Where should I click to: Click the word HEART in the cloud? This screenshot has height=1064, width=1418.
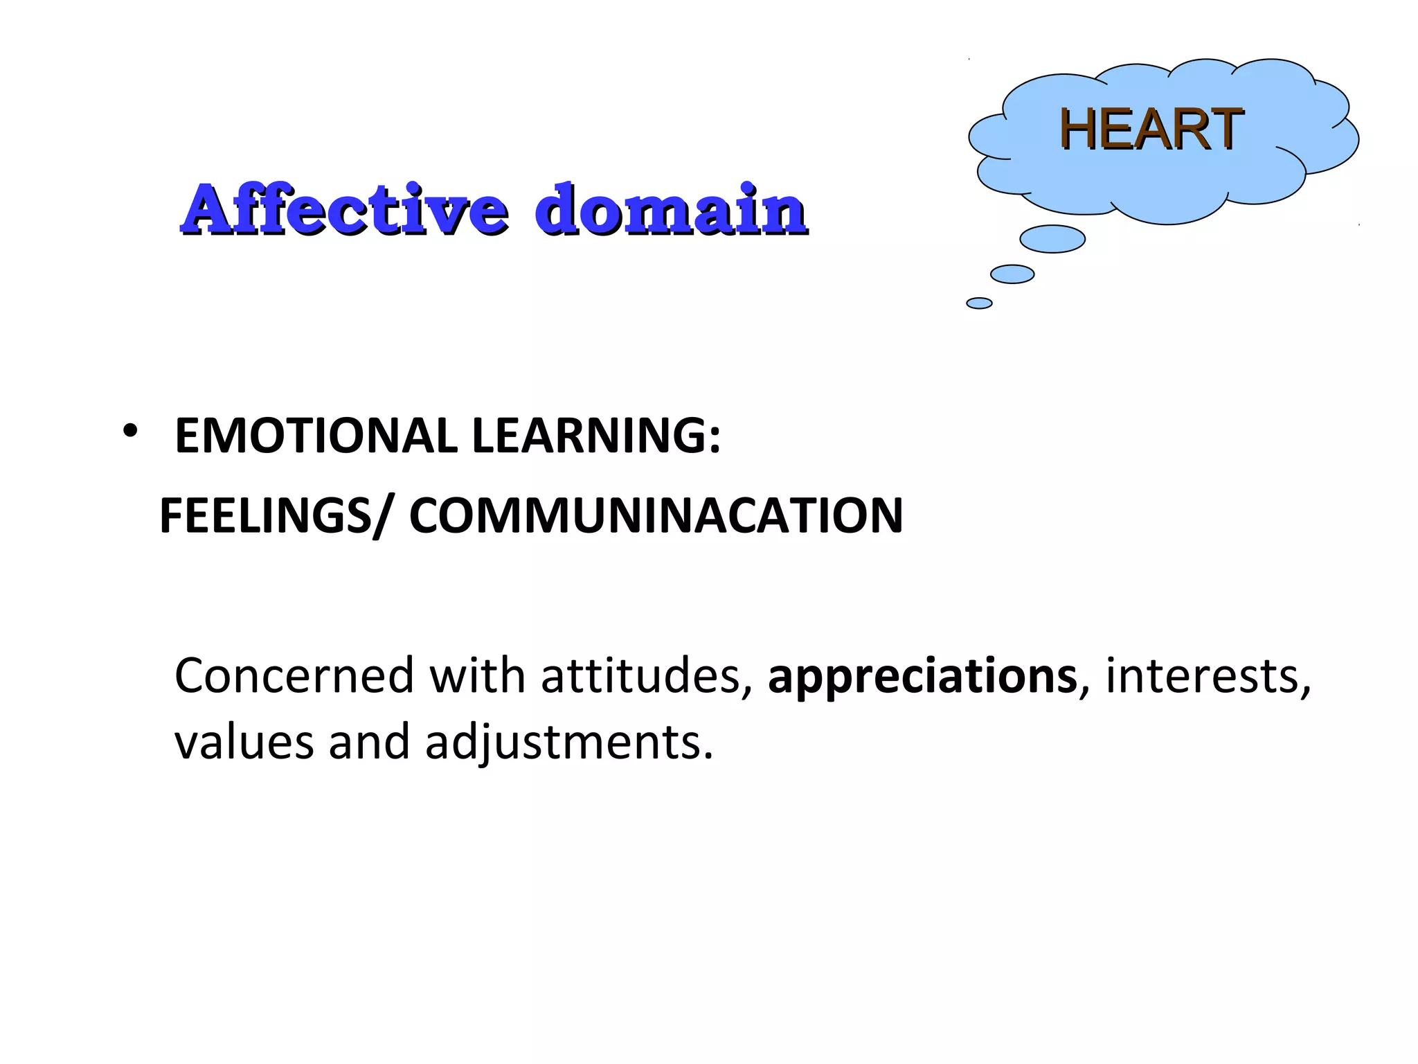coord(1151,129)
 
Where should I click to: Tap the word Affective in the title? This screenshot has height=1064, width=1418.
coord(344,209)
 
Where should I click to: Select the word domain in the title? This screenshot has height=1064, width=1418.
coord(670,209)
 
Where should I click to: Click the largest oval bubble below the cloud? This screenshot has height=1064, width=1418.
coord(1052,239)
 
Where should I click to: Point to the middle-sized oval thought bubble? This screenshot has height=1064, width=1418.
coord(1012,274)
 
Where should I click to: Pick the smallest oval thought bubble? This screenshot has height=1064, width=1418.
coord(979,303)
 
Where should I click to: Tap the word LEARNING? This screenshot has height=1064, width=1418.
coord(596,436)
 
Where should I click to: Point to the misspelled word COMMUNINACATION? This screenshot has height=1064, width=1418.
coord(656,515)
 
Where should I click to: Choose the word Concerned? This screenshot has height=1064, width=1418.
coord(294,675)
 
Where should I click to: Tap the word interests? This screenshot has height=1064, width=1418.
coord(1207,675)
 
